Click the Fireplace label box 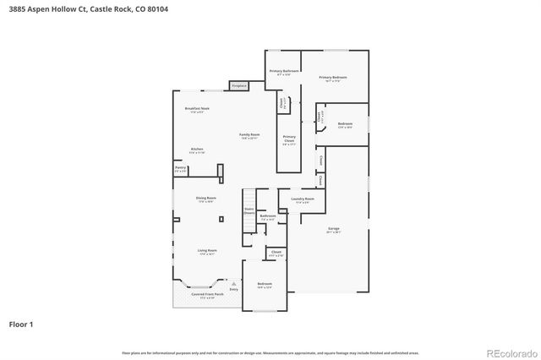pos(238,85)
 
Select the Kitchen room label pos(197,151)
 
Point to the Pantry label pos(180,169)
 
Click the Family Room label pos(249,136)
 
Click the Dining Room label pos(205,199)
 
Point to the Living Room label pos(207,252)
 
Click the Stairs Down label pos(249,211)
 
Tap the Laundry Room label pos(303,200)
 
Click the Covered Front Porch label pos(207,295)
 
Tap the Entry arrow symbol pos(232,282)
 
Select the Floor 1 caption pos(21,324)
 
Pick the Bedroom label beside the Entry pos(265,285)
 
